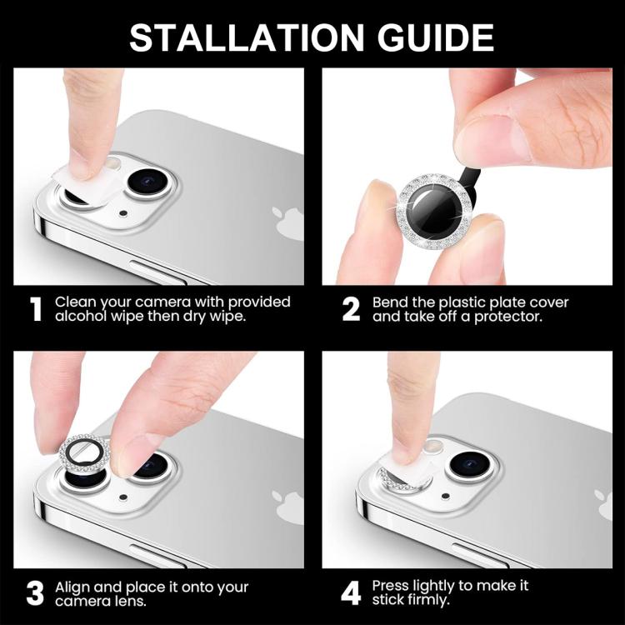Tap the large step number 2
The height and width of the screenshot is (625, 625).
pos(351,309)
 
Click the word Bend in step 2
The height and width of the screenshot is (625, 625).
pos(390,302)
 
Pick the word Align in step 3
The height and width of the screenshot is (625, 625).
pos(72,587)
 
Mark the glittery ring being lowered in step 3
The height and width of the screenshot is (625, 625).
pos(83,457)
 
